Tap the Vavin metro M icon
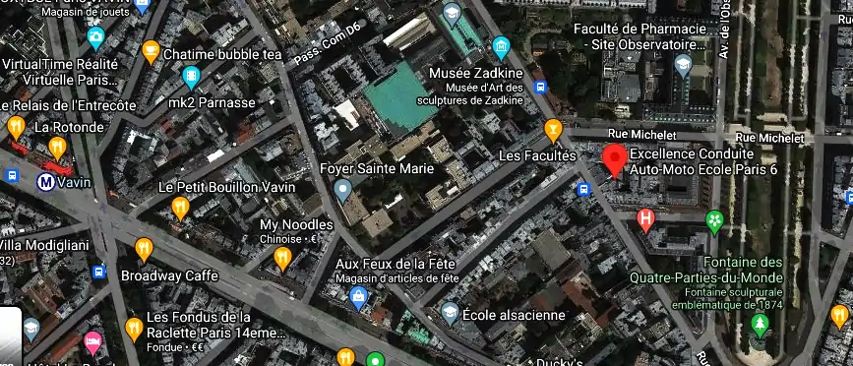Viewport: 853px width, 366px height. pyautogui.click(x=45, y=181)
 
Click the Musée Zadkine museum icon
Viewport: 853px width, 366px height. pyautogui.click(x=501, y=46)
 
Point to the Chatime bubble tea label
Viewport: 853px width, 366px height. pyautogui.click(x=222, y=54)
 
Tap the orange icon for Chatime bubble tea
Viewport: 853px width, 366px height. pyautogui.click(x=151, y=50)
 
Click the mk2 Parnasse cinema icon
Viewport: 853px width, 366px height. pyautogui.click(x=191, y=76)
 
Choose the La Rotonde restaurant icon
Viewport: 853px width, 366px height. pyautogui.click(x=58, y=148)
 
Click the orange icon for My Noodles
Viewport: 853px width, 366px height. pyautogui.click(x=282, y=258)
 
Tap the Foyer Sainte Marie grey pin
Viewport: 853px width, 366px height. pyautogui.click(x=342, y=190)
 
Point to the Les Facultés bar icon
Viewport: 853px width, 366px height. pyautogui.click(x=554, y=129)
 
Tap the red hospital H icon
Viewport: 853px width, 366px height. pyautogui.click(x=645, y=218)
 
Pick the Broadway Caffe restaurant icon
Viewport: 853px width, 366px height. pyautogui.click(x=145, y=248)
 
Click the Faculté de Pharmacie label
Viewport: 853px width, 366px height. pyautogui.click(x=640, y=36)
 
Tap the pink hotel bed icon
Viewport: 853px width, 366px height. pyautogui.click(x=93, y=342)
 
